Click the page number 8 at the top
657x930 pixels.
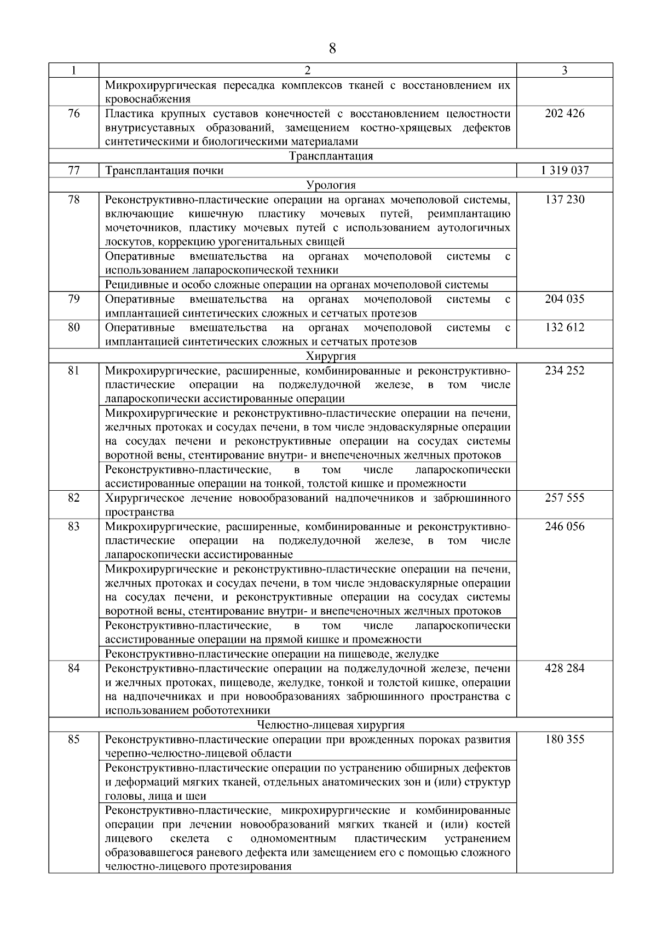point(332,49)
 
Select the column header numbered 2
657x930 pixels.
point(307,70)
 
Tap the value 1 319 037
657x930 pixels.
point(564,170)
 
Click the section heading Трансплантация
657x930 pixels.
point(331,156)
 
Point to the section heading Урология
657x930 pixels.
point(331,185)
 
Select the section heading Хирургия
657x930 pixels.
point(331,357)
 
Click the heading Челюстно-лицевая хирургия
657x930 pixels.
point(331,725)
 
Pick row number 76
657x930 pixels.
point(73,113)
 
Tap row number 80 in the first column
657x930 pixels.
point(73,328)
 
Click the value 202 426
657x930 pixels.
point(564,113)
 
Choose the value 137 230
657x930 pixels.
point(564,199)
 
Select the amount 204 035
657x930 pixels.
point(564,299)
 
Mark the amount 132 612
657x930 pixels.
point(564,328)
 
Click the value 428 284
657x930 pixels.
point(564,668)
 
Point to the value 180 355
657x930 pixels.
point(564,739)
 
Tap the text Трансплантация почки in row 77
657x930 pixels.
point(164,170)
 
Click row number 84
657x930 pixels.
point(73,668)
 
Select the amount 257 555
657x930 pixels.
point(564,498)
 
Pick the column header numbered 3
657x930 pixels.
point(564,70)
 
